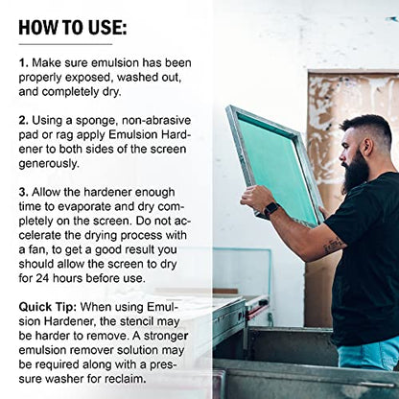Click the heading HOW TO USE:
[73, 28]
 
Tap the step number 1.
[23, 62]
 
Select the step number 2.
[24, 121]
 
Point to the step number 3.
[24, 192]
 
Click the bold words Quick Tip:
[48, 308]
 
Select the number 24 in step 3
[42, 278]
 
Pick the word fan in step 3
[36, 249]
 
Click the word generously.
[49, 164]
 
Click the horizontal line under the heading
[65, 44]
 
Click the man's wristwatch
[271, 209]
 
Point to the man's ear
[366, 147]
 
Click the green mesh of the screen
[275, 167]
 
